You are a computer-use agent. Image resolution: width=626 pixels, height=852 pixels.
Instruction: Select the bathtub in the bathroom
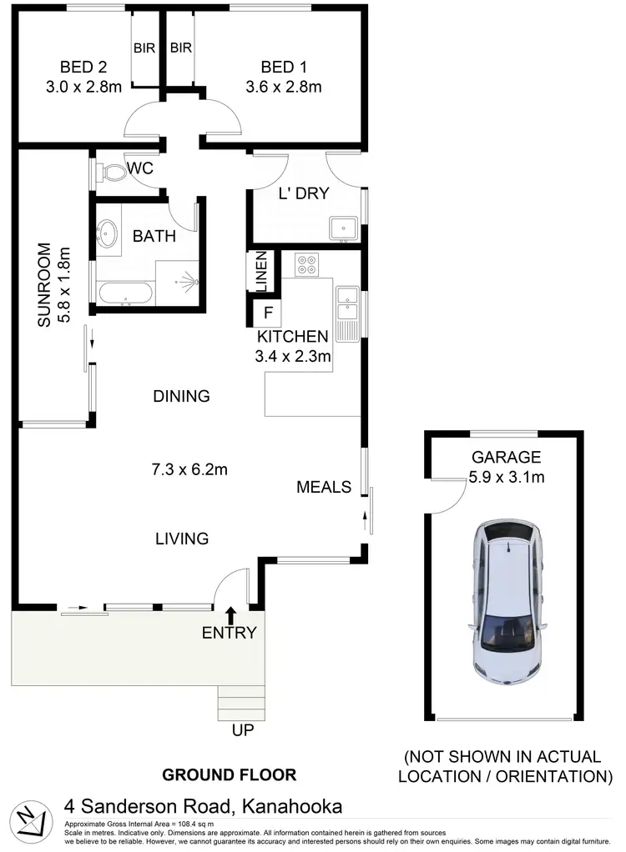(x=124, y=293)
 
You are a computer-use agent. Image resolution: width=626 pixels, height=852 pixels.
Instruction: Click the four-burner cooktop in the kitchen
(x=306, y=265)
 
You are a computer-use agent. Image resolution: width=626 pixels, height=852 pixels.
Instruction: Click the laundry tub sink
(x=343, y=228)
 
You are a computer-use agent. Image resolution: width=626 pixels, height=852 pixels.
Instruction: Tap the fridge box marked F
(x=268, y=313)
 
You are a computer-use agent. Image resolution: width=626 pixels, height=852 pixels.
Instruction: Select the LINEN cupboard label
(x=260, y=273)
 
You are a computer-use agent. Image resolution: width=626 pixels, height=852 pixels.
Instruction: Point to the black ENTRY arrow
(x=230, y=616)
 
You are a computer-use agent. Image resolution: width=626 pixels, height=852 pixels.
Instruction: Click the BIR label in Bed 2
(x=144, y=48)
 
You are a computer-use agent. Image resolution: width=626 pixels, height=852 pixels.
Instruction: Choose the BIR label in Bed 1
(x=181, y=48)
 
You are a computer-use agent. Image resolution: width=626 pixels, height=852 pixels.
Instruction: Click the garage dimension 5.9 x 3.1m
(x=507, y=478)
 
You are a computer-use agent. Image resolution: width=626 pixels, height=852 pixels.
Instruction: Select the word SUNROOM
(x=44, y=283)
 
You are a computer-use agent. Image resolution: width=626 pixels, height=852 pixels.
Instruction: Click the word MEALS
(x=324, y=487)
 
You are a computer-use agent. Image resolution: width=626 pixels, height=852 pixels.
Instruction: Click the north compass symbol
(x=31, y=819)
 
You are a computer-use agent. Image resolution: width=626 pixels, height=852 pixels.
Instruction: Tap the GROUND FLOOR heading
(x=229, y=774)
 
